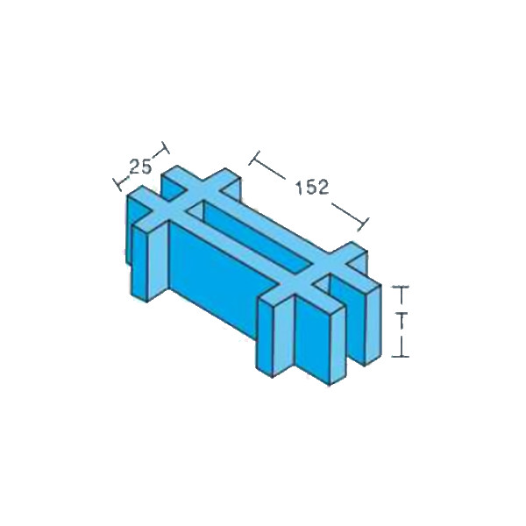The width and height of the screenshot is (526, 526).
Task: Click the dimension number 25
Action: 140,167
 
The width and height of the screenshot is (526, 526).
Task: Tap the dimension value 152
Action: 312,188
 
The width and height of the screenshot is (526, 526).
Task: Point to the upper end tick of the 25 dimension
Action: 166,147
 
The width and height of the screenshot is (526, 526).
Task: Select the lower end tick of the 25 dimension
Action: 117,184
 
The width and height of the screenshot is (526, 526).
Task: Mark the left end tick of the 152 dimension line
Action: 254,158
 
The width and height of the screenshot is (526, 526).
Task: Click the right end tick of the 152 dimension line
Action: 363,224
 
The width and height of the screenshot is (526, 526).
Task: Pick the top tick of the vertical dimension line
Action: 401,287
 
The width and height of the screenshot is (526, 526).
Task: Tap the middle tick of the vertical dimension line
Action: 401,314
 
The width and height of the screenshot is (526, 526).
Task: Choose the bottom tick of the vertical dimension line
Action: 401,356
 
